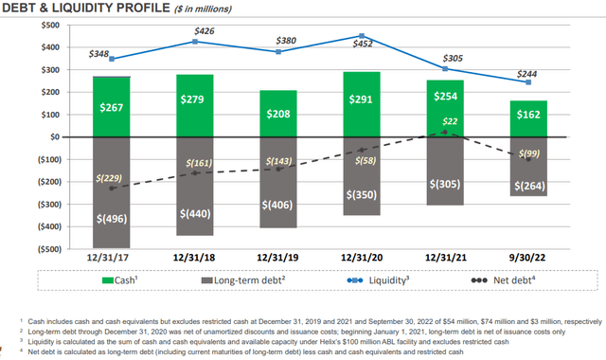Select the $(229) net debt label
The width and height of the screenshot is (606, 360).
[113, 178]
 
